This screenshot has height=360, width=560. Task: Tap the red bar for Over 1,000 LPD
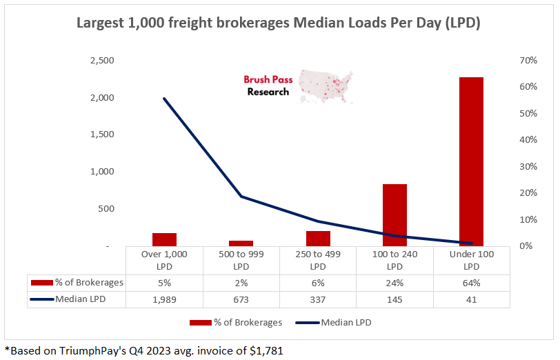click(x=164, y=239)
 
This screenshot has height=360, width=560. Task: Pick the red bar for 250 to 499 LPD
click(x=318, y=238)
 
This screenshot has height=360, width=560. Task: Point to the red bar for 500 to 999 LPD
click(x=241, y=243)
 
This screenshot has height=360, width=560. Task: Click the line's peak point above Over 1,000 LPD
click(x=164, y=99)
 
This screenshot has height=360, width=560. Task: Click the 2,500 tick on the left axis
click(x=103, y=61)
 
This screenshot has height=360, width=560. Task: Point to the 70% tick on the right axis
click(x=528, y=61)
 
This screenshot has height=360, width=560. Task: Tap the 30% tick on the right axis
click(x=528, y=166)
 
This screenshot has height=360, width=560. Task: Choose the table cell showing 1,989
click(x=164, y=299)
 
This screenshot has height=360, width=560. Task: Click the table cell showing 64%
click(x=471, y=282)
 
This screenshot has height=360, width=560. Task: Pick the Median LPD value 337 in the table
click(x=318, y=299)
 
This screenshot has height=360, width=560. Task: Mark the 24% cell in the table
click(x=394, y=282)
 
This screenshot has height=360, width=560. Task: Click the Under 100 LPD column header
click(x=471, y=260)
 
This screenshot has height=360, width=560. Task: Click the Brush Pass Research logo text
click(x=268, y=86)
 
